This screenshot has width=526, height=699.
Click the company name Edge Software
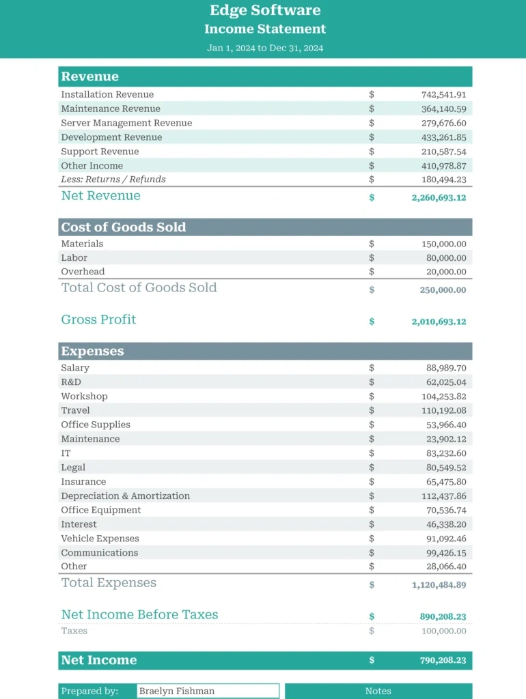coord(265,10)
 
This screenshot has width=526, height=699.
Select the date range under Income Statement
coord(265,48)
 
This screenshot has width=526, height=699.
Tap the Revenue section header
coord(89,76)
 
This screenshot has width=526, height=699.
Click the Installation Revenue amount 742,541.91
coord(443,95)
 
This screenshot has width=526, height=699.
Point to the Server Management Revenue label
coord(126,124)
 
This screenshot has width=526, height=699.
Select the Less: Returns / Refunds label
coord(113,180)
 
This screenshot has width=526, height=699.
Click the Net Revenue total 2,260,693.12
coord(439,197)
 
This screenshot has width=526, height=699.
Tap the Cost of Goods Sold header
coord(124,227)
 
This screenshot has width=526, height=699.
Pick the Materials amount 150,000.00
coord(443,244)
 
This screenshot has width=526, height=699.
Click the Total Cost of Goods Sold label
coord(139,288)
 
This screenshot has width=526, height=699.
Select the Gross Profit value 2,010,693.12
coord(439,322)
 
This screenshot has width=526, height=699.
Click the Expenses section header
coord(92,352)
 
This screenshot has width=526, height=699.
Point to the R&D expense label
coord(71,382)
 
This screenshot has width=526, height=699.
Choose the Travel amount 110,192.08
coord(443,411)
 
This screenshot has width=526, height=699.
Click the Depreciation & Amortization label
coord(126,496)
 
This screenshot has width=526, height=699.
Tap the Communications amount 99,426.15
coord(445,553)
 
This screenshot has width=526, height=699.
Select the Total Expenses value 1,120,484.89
coord(439,585)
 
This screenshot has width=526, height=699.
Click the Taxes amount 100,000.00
coord(443,631)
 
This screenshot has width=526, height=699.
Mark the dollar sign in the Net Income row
coord(372,660)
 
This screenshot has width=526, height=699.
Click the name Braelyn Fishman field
coord(208,691)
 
